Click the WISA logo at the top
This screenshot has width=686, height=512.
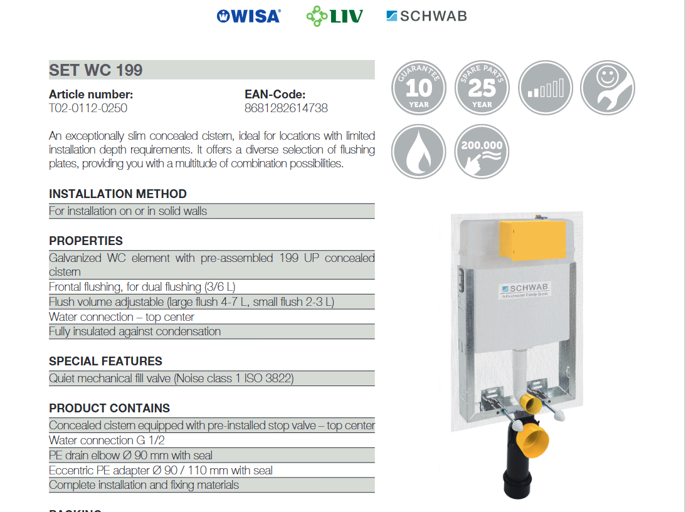click(248, 16)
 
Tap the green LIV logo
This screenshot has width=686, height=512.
click(334, 16)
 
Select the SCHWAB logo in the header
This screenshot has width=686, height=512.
click(426, 16)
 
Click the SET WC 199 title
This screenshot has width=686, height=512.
click(96, 70)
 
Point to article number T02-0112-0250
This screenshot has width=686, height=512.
click(88, 108)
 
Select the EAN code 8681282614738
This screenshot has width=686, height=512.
click(286, 108)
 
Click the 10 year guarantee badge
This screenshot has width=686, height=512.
click(418, 88)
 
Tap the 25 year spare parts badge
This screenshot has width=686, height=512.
click(482, 88)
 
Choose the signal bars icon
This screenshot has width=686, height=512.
click(546, 88)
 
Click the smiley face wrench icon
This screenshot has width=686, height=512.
click(607, 88)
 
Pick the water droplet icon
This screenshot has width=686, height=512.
click(418, 152)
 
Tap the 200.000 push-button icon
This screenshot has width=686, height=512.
click(482, 152)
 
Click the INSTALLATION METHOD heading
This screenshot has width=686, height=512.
click(118, 194)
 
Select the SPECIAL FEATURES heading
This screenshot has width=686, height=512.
click(105, 361)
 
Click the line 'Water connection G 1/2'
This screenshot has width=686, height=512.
click(107, 441)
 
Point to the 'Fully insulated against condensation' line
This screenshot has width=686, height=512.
click(135, 332)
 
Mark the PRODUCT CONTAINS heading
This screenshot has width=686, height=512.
click(109, 408)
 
